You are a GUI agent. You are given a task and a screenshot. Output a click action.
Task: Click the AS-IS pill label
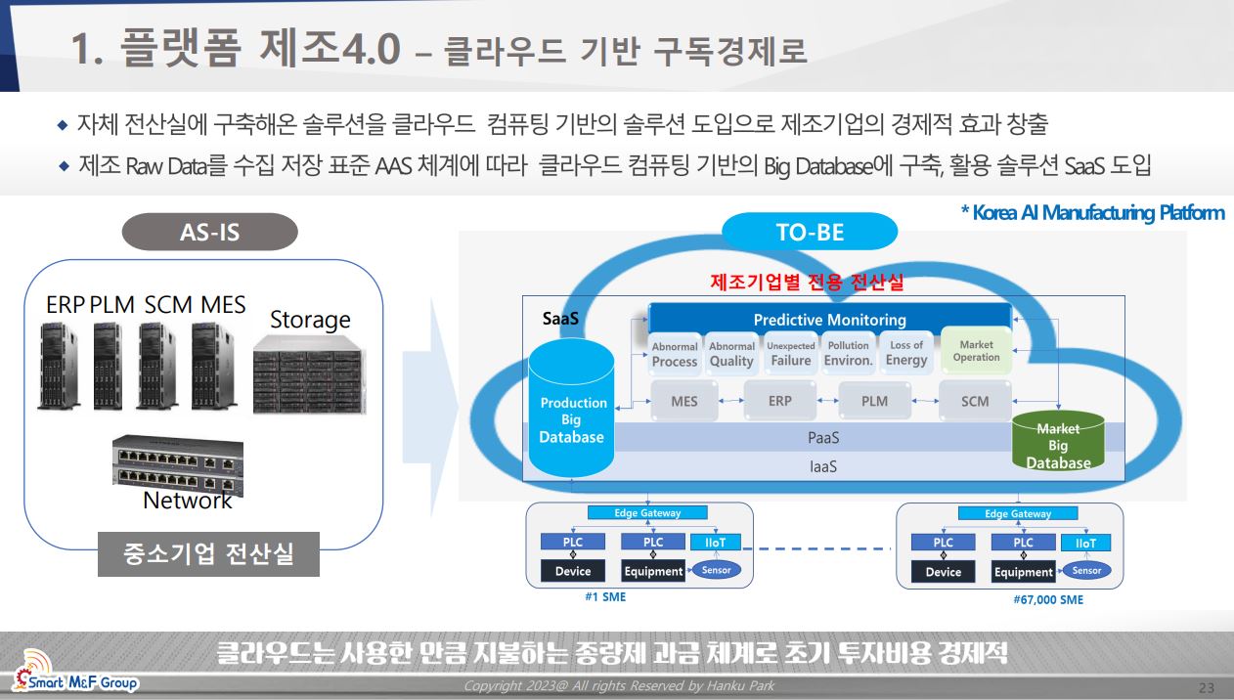(210, 232)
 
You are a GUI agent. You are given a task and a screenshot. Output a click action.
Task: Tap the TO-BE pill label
(810, 232)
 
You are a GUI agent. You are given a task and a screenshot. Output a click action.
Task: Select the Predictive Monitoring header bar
(829, 319)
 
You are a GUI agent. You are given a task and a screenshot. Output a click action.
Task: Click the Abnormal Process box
(675, 355)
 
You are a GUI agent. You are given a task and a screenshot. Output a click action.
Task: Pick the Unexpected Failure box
(790, 354)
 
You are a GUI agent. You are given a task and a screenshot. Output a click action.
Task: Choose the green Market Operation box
(976, 351)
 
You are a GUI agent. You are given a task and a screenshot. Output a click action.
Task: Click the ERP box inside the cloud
(780, 401)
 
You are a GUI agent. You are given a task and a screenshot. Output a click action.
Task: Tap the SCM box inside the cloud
(975, 401)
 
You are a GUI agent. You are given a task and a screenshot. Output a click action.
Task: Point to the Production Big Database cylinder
(571, 408)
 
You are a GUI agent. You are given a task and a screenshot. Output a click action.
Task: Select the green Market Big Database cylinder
(1058, 441)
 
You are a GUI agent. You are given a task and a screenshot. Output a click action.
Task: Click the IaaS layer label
(823, 467)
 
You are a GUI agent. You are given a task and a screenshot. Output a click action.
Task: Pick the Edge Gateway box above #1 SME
(647, 512)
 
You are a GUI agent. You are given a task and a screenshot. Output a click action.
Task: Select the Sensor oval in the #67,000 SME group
(1086, 571)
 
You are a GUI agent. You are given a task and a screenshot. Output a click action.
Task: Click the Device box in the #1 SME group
(572, 571)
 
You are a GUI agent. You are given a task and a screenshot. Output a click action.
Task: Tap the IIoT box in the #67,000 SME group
(1085, 543)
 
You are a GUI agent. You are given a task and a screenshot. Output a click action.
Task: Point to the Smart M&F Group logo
(74, 672)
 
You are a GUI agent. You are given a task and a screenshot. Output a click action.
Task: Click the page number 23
(1206, 688)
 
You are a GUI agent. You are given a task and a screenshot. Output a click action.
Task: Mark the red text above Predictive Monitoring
(807, 282)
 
